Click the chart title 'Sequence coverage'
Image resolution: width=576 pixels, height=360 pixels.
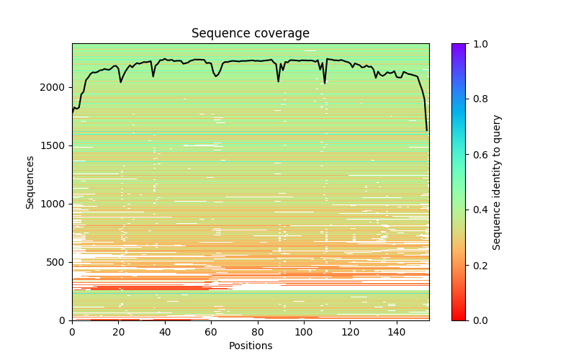point(250,34)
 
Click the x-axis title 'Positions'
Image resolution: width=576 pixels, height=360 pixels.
point(250,346)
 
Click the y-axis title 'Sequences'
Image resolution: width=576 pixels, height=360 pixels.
point(30,181)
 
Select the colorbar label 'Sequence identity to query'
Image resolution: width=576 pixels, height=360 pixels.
point(497,181)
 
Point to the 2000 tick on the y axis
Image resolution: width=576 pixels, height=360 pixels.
point(58,87)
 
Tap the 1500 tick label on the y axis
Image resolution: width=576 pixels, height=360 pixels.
point(58,145)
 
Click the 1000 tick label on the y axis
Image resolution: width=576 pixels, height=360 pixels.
point(58,204)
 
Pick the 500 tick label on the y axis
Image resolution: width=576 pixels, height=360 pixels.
point(60,262)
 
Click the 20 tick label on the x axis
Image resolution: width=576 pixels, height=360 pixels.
point(118,332)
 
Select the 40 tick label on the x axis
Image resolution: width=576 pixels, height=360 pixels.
point(165,332)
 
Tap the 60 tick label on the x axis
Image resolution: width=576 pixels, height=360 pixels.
point(211,332)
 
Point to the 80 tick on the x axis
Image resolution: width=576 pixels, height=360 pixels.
point(258,332)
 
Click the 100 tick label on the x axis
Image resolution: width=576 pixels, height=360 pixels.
point(304,332)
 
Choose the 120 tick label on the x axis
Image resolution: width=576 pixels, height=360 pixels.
point(351,332)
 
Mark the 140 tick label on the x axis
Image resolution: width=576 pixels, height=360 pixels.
point(397,332)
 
